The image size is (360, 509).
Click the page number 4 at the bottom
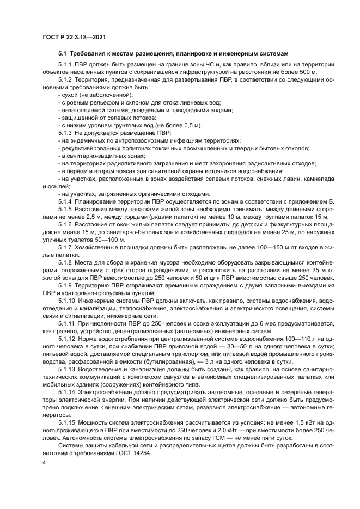tap(44, 462)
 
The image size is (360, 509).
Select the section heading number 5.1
tap(62, 53)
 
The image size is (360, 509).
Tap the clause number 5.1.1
tap(65, 64)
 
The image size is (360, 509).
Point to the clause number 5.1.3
tap(65, 133)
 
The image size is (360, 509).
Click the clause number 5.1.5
tap(65, 209)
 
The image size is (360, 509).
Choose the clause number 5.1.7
tap(65, 247)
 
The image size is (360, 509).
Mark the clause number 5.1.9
tap(65, 285)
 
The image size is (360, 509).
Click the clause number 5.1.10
tap(67, 301)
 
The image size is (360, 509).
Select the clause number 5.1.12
tap(67, 339)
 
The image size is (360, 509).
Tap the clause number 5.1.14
tap(67, 392)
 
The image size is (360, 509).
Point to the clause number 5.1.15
tap(67, 422)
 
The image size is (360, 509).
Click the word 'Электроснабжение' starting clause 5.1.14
tap(107, 392)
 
